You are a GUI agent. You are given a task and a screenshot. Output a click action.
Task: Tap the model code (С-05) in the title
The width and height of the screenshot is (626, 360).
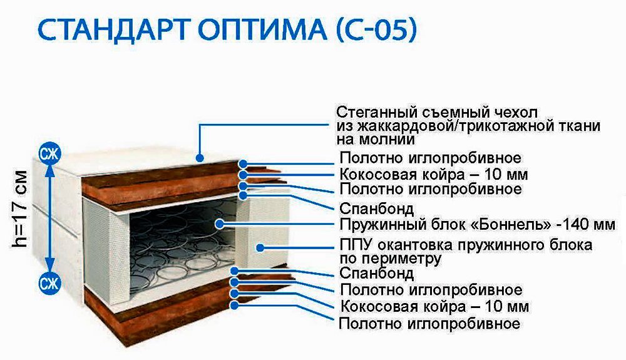[376, 29]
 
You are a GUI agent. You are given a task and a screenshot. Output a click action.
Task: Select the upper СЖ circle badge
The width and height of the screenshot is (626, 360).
[49, 153]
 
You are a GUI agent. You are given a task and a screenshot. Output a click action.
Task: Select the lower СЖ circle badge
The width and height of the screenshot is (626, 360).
[49, 284]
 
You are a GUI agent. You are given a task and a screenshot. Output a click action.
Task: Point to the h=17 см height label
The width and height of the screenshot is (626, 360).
[20, 208]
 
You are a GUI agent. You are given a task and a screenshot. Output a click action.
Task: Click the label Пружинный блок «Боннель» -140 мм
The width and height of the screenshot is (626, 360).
[477, 224]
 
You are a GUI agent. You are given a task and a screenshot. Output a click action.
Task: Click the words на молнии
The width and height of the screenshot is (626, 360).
[375, 139]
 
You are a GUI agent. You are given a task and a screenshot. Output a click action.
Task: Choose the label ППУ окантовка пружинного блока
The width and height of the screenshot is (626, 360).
[466, 244]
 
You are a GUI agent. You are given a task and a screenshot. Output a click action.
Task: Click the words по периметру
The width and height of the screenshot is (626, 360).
[390, 259]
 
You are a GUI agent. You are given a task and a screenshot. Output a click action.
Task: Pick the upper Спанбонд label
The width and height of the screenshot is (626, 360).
[376, 208]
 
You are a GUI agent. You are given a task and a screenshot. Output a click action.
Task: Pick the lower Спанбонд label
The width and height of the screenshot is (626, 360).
[376, 274]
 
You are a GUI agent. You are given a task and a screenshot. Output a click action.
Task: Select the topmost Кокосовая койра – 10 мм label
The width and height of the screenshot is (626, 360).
[434, 175]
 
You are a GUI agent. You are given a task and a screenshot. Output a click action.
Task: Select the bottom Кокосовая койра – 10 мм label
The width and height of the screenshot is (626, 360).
[435, 307]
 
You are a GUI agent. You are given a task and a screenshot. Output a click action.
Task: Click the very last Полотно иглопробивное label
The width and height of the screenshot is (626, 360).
[429, 323]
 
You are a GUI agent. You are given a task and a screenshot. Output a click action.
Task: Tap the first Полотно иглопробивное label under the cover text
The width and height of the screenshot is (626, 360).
[431, 158]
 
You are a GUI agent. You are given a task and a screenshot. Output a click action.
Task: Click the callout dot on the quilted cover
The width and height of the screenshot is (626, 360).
[200, 158]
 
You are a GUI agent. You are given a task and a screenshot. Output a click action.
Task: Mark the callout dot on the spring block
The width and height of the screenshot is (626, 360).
[219, 224]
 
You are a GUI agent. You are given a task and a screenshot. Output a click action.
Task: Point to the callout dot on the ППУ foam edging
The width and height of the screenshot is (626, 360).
[260, 248]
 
